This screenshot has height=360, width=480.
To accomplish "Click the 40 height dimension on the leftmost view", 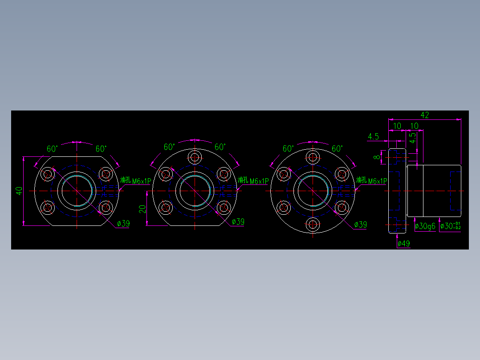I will pyautogui.click(x=19, y=191).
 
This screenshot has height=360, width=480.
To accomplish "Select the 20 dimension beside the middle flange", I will pyautogui.click(x=142, y=209).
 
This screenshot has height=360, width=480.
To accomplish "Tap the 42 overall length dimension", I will pyautogui.click(x=424, y=115).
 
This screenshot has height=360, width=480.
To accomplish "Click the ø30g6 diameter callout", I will pyautogui.click(x=425, y=226).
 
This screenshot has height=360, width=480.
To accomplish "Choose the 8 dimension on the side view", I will pyautogui.click(x=376, y=157).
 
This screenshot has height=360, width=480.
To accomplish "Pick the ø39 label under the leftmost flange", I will pyautogui.click(x=123, y=224).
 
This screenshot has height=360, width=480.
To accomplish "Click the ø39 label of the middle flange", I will pyautogui.click(x=238, y=222).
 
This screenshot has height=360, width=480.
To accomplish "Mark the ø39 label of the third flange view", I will pyautogui.click(x=360, y=225).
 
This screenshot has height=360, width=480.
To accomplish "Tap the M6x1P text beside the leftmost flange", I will pyautogui.click(x=142, y=181).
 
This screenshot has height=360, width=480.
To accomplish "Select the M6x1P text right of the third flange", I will pyautogui.click(x=378, y=181).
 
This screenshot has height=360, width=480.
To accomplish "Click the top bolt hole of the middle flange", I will pyautogui.click(x=195, y=157).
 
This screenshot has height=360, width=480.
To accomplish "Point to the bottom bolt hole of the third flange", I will pyautogui.click(x=313, y=225).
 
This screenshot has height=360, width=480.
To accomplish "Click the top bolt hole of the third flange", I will pyautogui.click(x=313, y=157).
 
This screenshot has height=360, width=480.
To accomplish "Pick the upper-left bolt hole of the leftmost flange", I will pyautogui.click(x=47, y=174).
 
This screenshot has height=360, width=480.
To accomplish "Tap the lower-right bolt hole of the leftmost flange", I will pyautogui.click(x=106, y=207).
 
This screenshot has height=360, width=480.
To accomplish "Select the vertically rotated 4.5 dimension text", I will pyautogui.click(x=413, y=138).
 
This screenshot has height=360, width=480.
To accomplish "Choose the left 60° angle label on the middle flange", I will pyautogui.click(x=169, y=147).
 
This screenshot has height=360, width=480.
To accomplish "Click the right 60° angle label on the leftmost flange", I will pyautogui.click(x=101, y=148).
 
